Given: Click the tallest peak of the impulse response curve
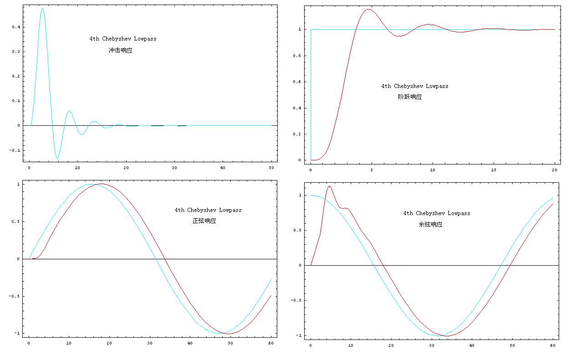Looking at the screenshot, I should [x=42, y=9].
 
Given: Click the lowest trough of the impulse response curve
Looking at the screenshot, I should [x=57, y=158].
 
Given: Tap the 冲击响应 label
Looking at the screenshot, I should [x=120, y=51].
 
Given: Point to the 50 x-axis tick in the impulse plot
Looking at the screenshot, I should [x=271, y=168].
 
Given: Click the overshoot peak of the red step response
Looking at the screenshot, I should [x=368, y=10].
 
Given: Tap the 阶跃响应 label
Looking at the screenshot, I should [x=410, y=97].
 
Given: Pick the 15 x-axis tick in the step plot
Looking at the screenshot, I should [x=494, y=170].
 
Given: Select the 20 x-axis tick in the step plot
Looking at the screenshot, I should [x=554, y=170].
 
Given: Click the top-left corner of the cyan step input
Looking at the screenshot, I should [x=311, y=30].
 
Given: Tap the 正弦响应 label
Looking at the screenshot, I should [x=204, y=221].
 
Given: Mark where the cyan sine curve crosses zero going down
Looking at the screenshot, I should [x=156, y=259].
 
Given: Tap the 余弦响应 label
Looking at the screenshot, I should [x=430, y=225].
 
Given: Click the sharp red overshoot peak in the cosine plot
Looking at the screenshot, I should [x=329, y=186].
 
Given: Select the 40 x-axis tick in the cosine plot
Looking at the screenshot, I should [x=471, y=346].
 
